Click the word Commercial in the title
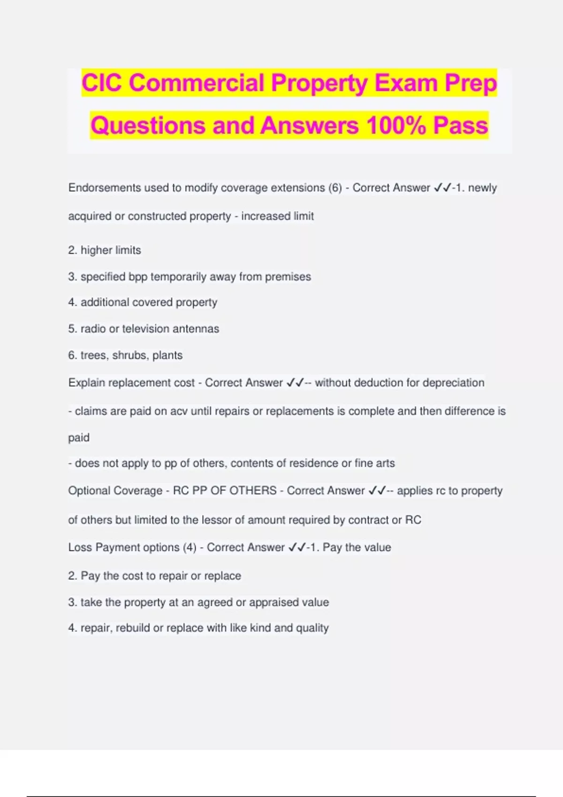click(198, 83)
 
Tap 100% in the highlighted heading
click(396, 126)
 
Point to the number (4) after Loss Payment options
click(190, 548)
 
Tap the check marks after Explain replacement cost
click(294, 383)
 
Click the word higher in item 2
click(94, 250)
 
